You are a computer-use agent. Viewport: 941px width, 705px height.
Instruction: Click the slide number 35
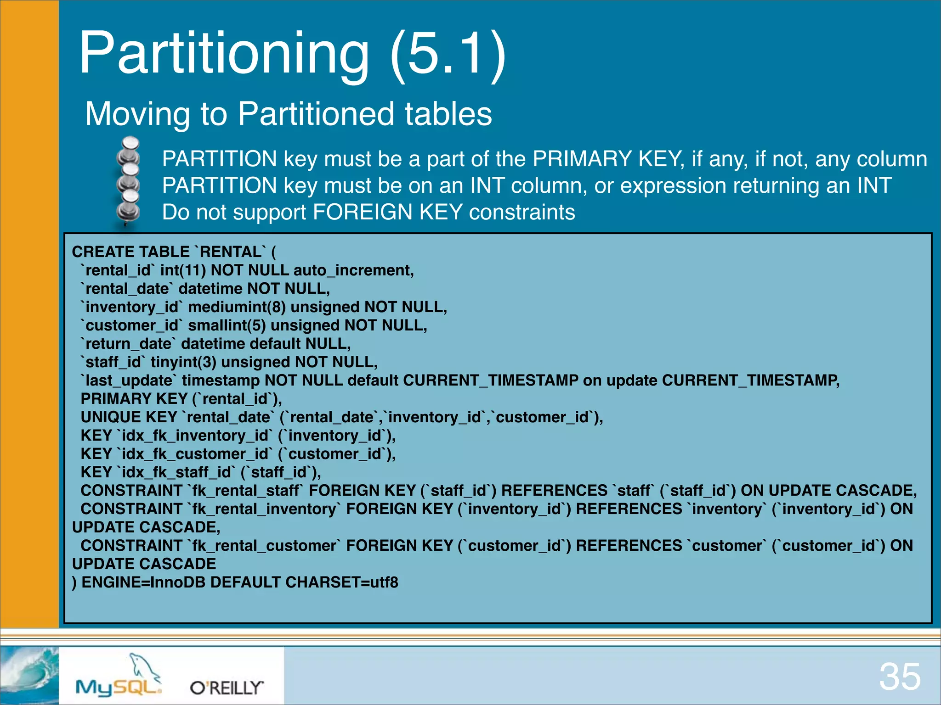click(900, 677)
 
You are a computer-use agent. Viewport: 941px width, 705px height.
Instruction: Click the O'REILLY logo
click(227, 688)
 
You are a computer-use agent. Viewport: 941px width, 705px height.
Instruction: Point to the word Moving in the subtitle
click(137, 114)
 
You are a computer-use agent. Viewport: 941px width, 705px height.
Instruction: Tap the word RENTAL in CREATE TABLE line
click(230, 252)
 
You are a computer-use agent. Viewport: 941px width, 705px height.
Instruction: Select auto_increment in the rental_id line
click(353, 270)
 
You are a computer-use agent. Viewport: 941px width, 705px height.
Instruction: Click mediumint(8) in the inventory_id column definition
click(237, 307)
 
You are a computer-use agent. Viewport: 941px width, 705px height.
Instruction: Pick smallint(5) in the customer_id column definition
click(227, 325)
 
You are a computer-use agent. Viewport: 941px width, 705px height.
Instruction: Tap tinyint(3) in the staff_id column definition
click(183, 362)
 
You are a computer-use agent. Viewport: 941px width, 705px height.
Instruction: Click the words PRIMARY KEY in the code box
click(134, 399)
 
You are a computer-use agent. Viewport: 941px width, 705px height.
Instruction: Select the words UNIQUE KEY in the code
click(129, 417)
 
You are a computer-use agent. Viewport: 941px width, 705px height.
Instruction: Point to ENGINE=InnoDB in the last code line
click(143, 582)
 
